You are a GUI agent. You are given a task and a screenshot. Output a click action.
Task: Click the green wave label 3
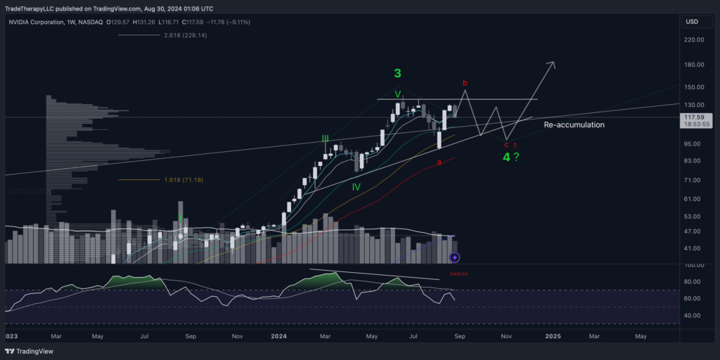tap(397, 73)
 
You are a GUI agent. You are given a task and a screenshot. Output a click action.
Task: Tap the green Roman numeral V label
tap(397, 94)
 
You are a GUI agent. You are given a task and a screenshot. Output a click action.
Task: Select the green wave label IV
tap(356, 187)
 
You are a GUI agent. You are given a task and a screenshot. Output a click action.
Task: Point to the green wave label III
tap(325, 139)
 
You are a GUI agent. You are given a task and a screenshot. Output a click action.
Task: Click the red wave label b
tap(465, 83)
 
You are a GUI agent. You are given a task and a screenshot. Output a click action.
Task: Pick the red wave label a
tap(439, 162)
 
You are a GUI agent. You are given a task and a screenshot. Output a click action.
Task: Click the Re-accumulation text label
tap(574, 124)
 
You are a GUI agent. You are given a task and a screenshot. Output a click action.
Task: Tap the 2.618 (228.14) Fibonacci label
tap(185, 35)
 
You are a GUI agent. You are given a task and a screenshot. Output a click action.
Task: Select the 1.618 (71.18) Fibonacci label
tap(185, 180)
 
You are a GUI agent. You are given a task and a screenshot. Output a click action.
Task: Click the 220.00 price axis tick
tap(694, 40)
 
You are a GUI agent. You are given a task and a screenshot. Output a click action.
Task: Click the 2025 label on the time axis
tap(552, 337)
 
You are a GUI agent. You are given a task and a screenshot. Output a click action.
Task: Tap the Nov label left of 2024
tap(238, 337)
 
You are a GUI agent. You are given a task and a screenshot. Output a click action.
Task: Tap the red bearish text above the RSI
tap(459, 273)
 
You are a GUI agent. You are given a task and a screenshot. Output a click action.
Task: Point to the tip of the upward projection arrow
tap(554, 63)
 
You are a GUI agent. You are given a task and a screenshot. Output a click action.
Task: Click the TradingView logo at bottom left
tap(27, 351)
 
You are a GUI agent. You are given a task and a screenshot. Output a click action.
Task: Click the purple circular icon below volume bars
tap(455, 258)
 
